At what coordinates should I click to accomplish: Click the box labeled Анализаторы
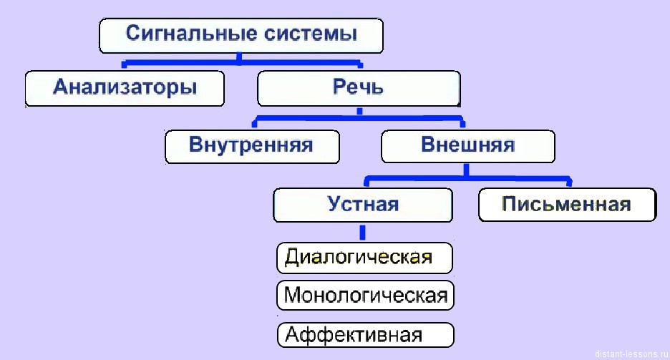pos(125,89)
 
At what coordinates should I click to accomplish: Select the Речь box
pos(358,89)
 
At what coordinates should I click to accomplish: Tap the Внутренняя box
pos(251,145)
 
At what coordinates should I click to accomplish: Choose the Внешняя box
pos(467,145)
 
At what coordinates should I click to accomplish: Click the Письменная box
pos(566,205)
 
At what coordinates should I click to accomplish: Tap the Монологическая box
pos(365,295)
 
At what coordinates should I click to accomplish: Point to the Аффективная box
pos(365,334)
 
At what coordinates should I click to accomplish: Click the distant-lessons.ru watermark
pos(631,354)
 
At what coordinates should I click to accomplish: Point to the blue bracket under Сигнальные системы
pos(241,61)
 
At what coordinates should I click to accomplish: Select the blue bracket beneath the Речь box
pos(359,117)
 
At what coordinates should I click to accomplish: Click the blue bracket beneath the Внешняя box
pos(467,177)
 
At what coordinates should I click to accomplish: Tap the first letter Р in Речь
pos(339,89)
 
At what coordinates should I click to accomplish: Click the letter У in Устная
pos(334,205)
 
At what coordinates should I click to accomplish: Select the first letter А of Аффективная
pos(291,334)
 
